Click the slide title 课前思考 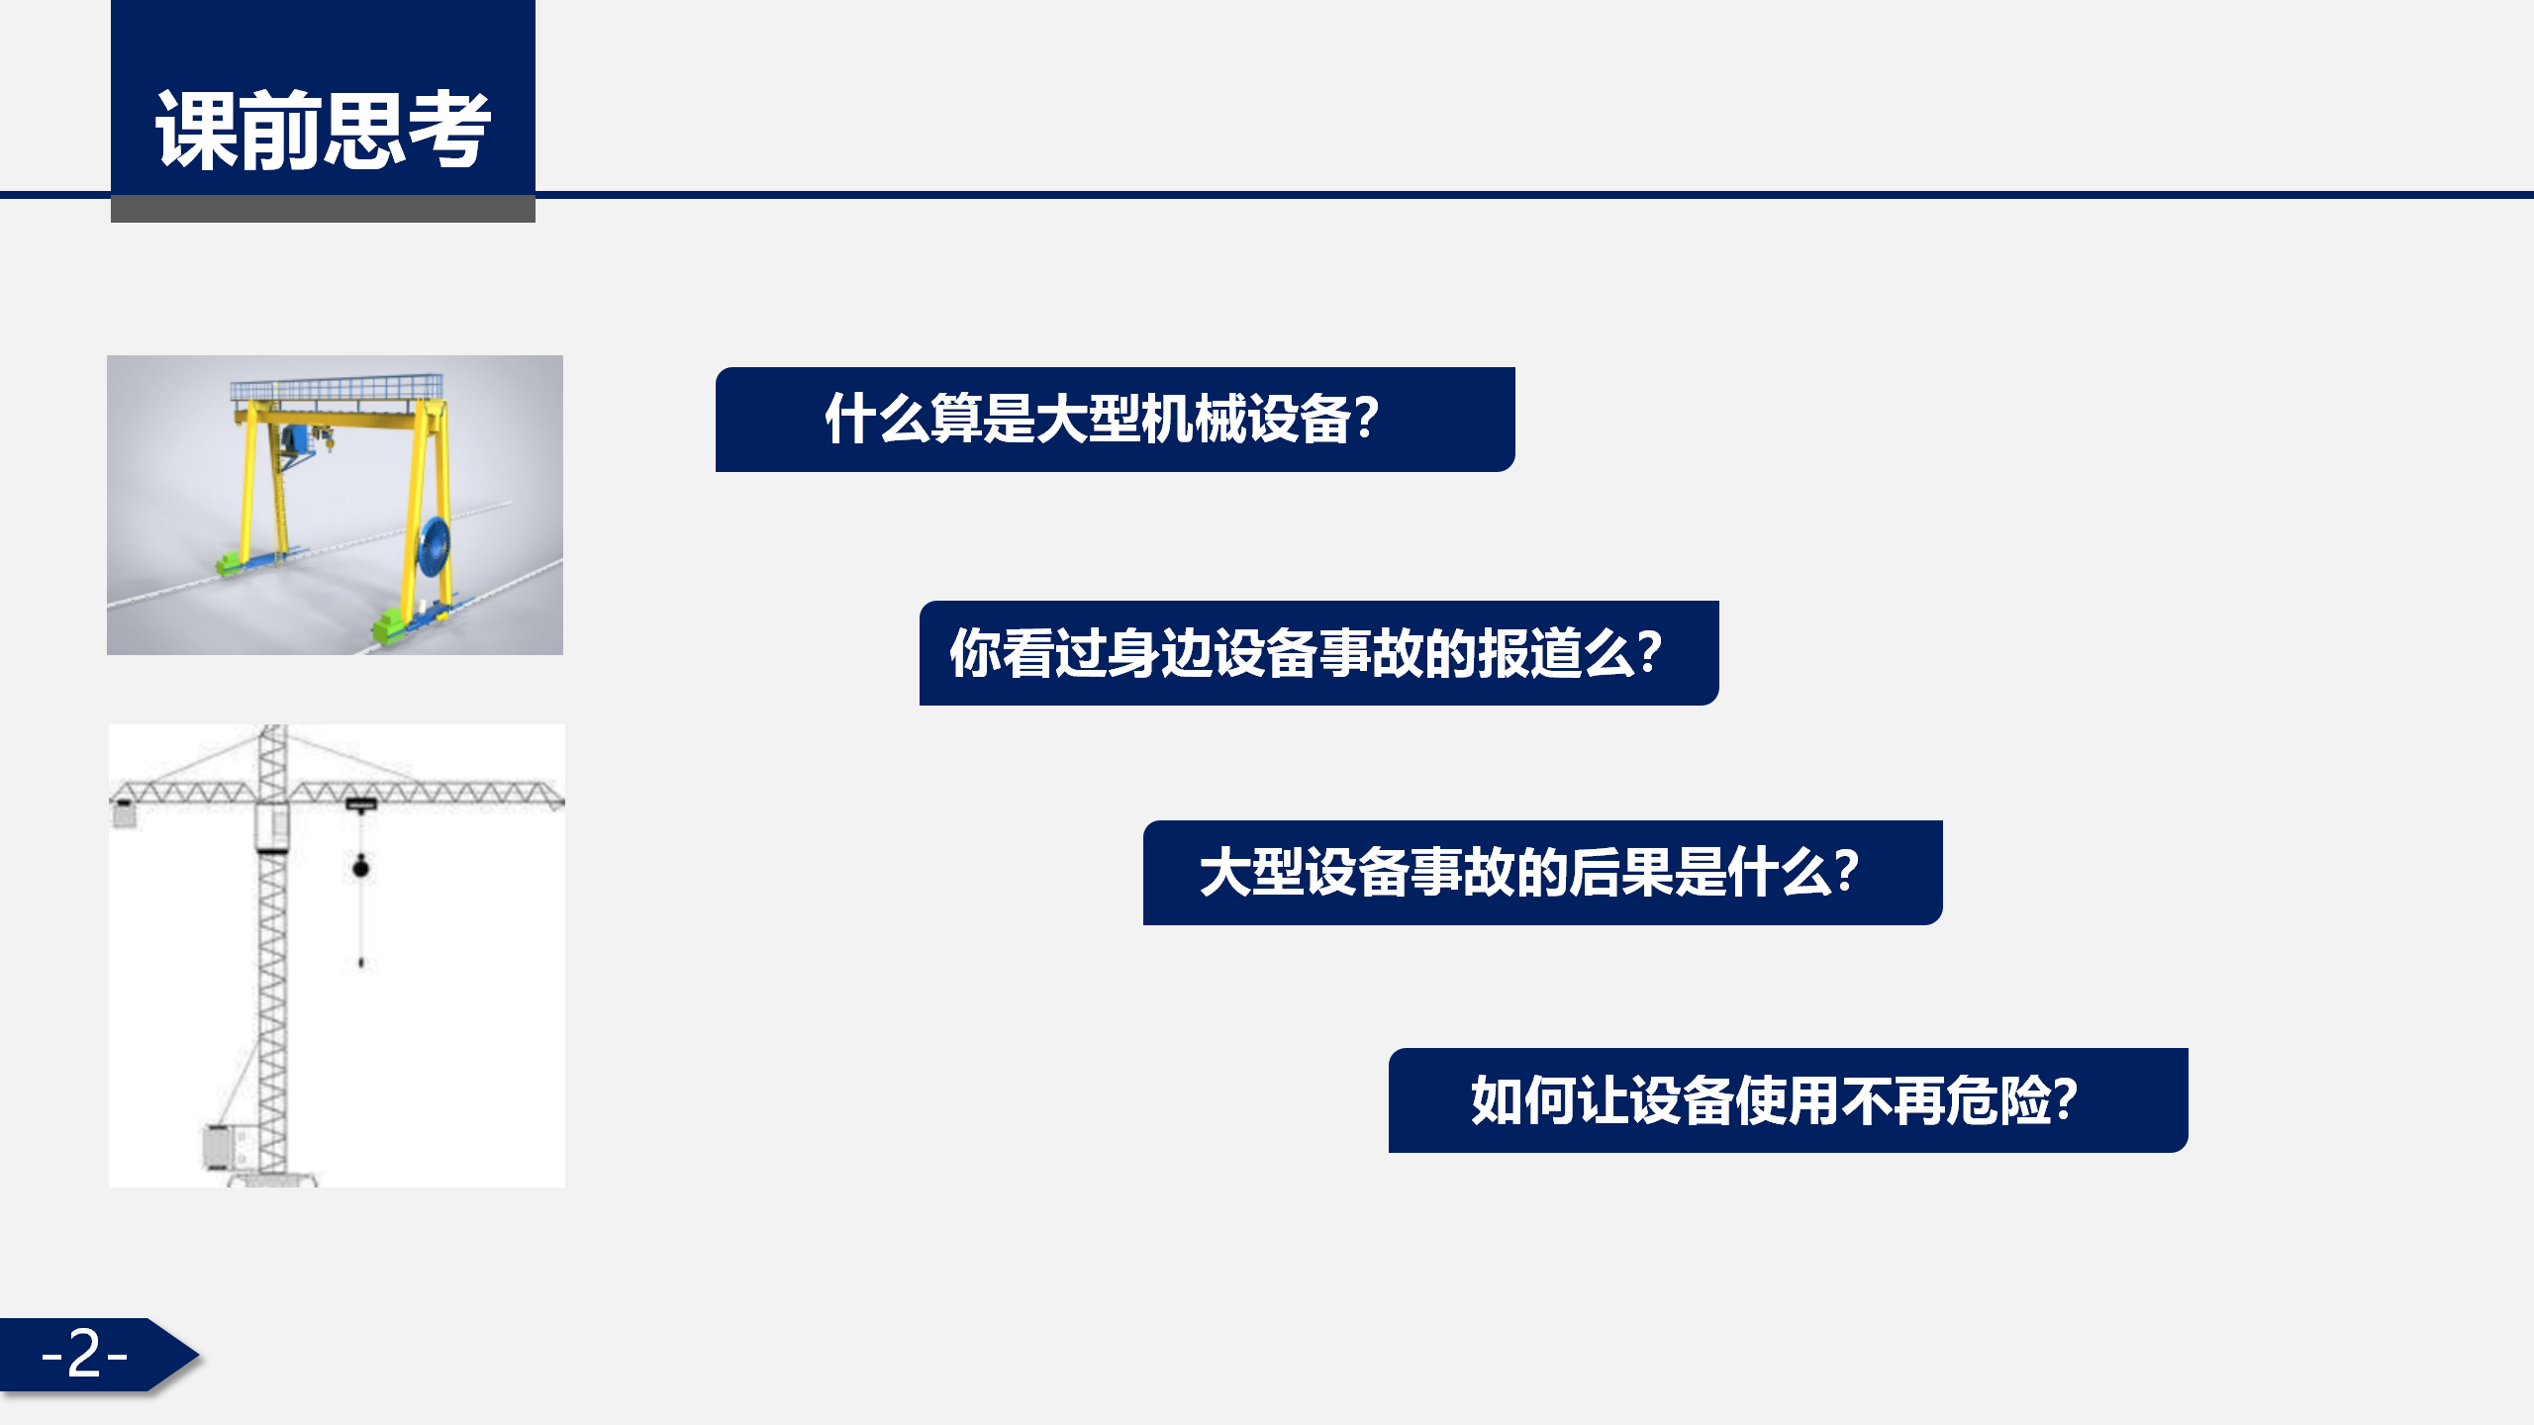[x=323, y=130]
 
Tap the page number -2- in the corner [x=85, y=1353]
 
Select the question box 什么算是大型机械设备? [x=1115, y=420]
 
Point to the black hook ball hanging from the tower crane [x=361, y=868]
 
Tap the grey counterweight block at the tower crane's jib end [x=124, y=813]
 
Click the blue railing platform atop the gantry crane [x=337, y=388]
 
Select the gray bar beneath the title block [x=323, y=210]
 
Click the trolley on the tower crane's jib [x=360, y=806]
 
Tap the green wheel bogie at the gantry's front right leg [x=389, y=626]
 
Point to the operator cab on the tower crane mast [x=272, y=827]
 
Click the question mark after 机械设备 [x=1366, y=419]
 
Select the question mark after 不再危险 [x=2065, y=1099]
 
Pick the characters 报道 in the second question [x=1528, y=653]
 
